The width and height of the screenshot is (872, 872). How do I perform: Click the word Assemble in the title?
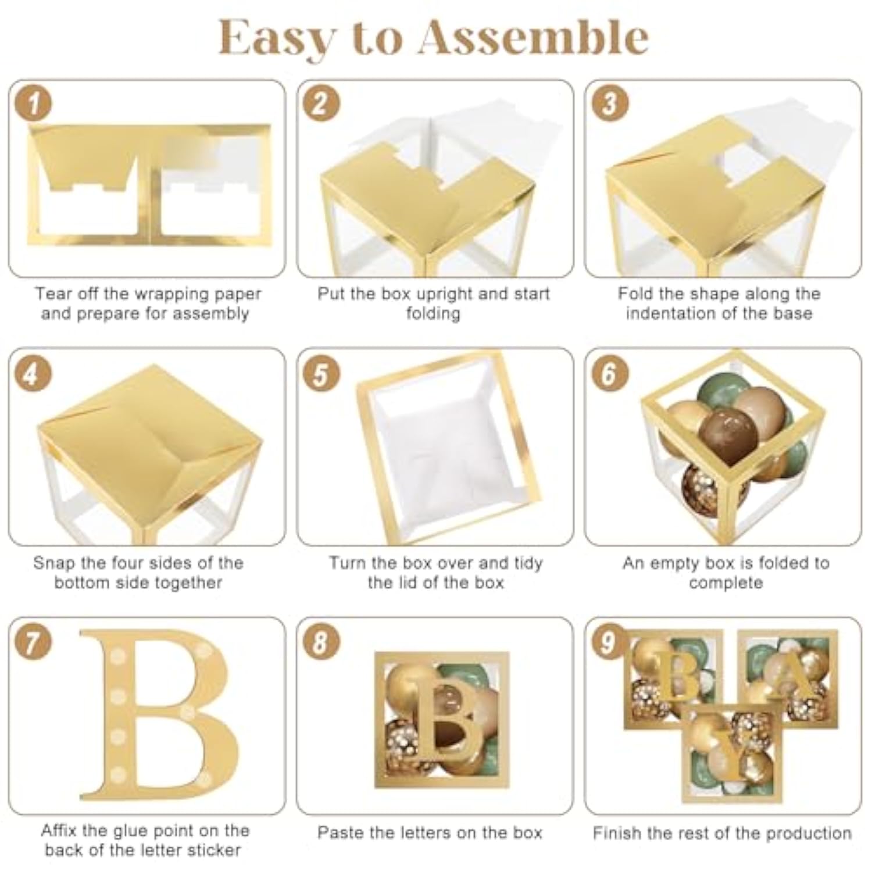[x=533, y=38]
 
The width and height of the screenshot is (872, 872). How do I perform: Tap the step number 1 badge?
[x=34, y=104]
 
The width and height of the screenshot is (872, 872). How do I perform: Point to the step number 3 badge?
[x=609, y=104]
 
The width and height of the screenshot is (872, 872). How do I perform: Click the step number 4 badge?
[x=32, y=373]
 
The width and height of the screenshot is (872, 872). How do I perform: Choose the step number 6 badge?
[x=609, y=373]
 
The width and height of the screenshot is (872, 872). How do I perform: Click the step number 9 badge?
[x=607, y=642]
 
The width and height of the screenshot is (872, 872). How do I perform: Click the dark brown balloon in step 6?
[x=729, y=434]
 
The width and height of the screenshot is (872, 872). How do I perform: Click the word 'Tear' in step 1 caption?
[x=52, y=294]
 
